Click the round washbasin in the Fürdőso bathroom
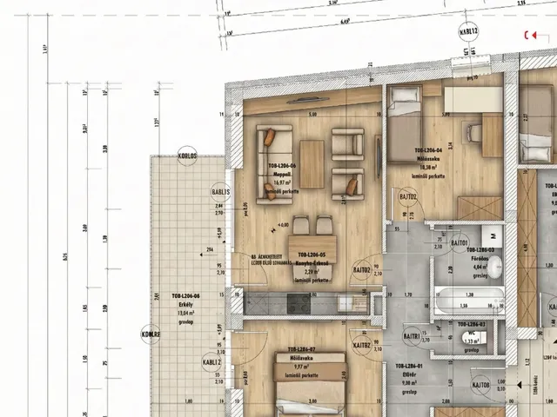pyautogui.click(x=494, y=269)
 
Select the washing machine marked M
pyautogui.click(x=493, y=234)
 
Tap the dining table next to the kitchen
pyautogui.click(x=312, y=244)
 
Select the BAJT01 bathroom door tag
pyautogui.click(x=460, y=242)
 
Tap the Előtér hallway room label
pyautogui.click(x=409, y=374)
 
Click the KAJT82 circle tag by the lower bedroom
pyautogui.click(x=362, y=346)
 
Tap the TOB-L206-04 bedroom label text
pyautogui.click(x=430, y=150)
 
